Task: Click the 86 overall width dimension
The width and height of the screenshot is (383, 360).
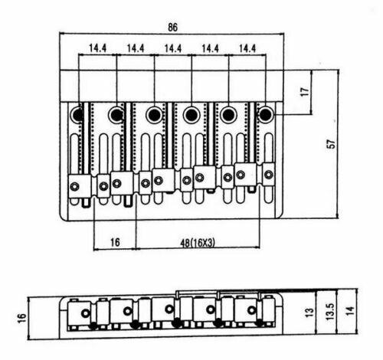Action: click(172, 28)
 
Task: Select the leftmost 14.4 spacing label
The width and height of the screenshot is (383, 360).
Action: click(98, 48)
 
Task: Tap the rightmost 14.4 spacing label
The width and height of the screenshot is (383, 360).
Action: click(247, 48)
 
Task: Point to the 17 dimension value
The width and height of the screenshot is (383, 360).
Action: click(304, 92)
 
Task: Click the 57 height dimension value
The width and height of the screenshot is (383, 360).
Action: click(332, 144)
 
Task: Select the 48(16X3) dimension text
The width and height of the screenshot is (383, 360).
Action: click(198, 243)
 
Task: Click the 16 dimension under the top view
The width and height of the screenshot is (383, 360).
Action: click(115, 242)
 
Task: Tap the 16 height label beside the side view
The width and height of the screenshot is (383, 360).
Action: click(22, 318)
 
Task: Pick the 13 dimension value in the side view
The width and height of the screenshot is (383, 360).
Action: click(309, 313)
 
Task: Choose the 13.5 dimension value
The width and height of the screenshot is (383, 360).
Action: click(330, 312)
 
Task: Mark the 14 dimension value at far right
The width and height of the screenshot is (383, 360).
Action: click(351, 310)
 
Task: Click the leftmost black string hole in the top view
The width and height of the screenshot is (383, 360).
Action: click(77, 114)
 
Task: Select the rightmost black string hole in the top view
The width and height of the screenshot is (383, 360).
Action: click(266, 114)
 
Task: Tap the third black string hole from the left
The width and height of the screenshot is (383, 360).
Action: click(154, 115)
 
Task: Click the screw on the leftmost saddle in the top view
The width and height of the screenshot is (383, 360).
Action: click(74, 187)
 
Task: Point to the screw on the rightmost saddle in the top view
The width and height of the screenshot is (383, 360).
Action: click(269, 175)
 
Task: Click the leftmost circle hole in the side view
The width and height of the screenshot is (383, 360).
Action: click(85, 313)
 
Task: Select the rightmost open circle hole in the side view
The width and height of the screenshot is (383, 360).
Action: click(252, 310)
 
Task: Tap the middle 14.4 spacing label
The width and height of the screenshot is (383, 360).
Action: click(173, 48)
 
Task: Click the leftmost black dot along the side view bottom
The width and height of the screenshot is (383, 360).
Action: click(93, 326)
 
